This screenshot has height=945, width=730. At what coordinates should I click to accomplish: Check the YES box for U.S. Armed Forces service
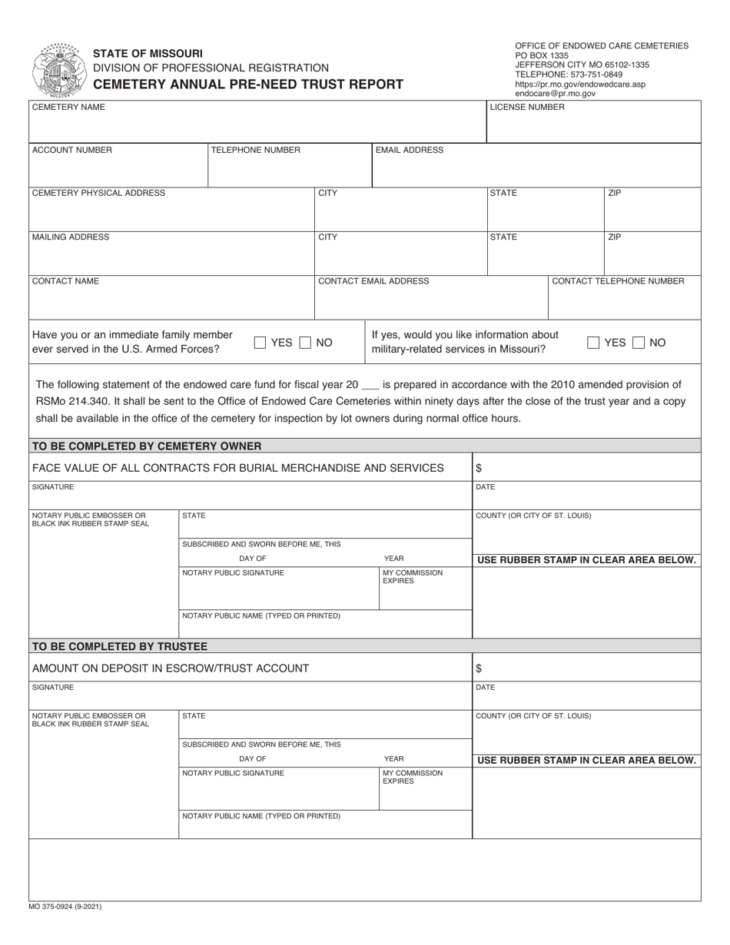click(260, 343)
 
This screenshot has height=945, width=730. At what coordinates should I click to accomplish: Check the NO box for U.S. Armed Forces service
click(306, 343)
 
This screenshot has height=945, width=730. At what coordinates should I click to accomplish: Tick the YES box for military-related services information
click(593, 343)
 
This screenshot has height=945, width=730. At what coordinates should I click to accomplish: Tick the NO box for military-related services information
click(639, 343)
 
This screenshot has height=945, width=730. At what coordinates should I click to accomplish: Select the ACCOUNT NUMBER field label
click(71, 150)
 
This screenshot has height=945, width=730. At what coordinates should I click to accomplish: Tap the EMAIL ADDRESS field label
click(409, 150)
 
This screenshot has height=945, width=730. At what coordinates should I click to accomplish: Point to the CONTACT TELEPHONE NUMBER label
click(618, 281)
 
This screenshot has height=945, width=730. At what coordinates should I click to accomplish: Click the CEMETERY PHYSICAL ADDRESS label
click(98, 193)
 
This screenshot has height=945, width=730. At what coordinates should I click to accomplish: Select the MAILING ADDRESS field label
click(71, 237)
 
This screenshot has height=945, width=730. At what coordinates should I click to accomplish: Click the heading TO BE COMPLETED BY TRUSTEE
click(118, 646)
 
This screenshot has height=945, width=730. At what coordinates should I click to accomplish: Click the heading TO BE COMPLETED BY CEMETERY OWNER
click(146, 446)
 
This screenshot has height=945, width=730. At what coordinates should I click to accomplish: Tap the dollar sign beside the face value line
click(479, 468)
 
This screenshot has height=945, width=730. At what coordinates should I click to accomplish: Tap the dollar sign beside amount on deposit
click(479, 668)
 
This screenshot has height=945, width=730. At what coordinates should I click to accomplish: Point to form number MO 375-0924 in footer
click(65, 907)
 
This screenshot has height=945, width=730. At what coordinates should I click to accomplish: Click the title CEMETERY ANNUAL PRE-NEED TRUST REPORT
click(247, 85)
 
